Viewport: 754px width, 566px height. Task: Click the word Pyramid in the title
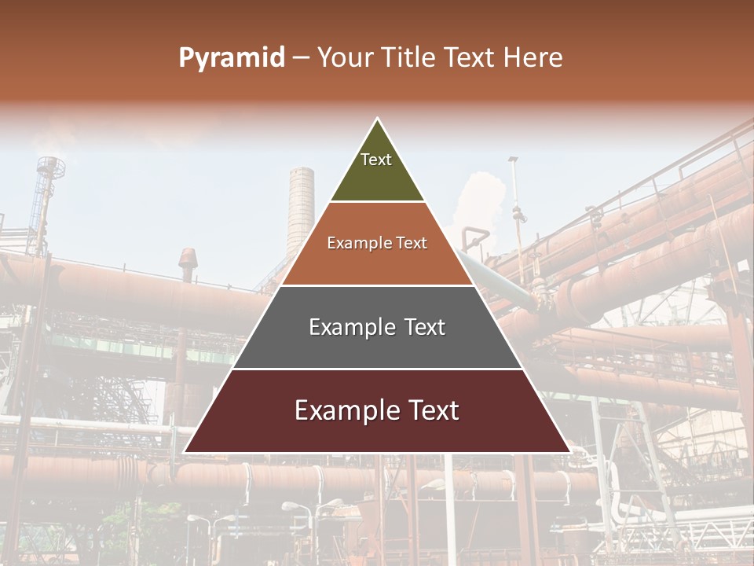coord(231,58)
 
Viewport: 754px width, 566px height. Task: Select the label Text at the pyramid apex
coord(376,160)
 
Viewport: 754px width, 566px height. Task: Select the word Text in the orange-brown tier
coord(411,243)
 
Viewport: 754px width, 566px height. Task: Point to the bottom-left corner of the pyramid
coord(185,452)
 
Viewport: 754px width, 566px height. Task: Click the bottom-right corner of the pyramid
coord(569,452)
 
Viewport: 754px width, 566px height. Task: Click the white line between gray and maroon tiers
coord(377,369)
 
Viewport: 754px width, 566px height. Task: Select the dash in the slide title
coord(301,58)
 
